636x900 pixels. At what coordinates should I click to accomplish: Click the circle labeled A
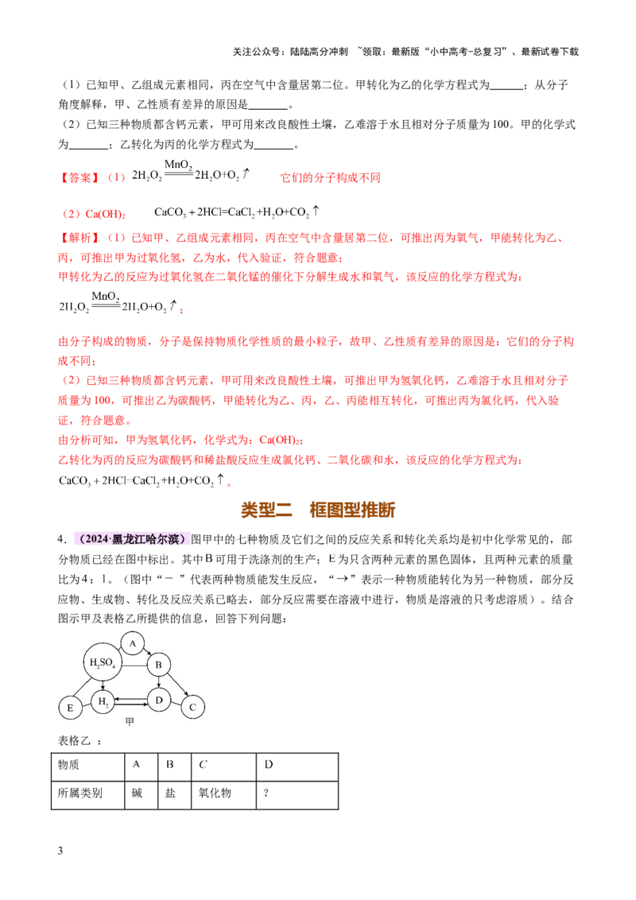(x=133, y=643)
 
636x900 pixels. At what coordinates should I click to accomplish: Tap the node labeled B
(x=158, y=665)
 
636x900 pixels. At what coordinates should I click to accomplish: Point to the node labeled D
(x=159, y=700)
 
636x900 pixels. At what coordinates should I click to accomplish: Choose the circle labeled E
(x=70, y=708)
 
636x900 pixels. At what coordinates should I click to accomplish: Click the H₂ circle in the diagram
(x=102, y=703)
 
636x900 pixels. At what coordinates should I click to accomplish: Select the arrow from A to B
(x=146, y=652)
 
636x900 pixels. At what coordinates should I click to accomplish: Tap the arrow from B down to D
(x=159, y=682)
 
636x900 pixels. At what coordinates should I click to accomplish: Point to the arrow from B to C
(x=176, y=685)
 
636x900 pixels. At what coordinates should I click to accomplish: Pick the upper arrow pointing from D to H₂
(x=130, y=699)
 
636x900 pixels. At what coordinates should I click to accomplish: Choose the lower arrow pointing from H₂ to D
(x=130, y=704)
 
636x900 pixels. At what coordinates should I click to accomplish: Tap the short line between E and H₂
(x=86, y=705)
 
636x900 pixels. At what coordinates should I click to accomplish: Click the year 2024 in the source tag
(x=95, y=539)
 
